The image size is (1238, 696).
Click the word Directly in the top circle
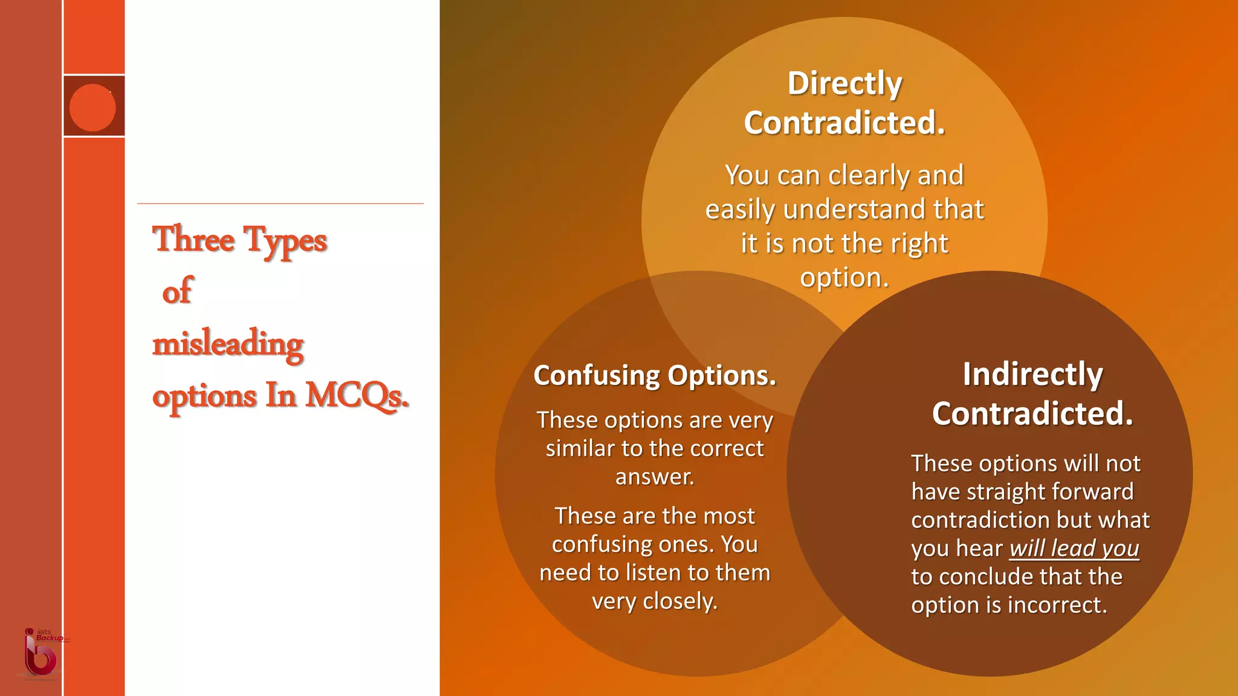tap(844, 83)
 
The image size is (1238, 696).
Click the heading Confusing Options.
tap(655, 376)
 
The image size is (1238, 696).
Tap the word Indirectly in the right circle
tap(1032, 374)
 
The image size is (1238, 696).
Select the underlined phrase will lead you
tap(1074, 549)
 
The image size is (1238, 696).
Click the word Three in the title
tap(193, 239)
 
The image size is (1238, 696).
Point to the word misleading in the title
tap(228, 344)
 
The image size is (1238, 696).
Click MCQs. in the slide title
tap(357, 396)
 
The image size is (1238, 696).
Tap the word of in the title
tap(177, 292)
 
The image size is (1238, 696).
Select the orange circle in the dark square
tap(92, 108)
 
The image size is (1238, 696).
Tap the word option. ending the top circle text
tap(844, 278)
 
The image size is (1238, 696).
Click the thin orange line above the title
tap(280, 204)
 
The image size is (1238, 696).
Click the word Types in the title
tap(285, 240)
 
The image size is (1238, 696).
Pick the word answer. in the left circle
tap(655, 477)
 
